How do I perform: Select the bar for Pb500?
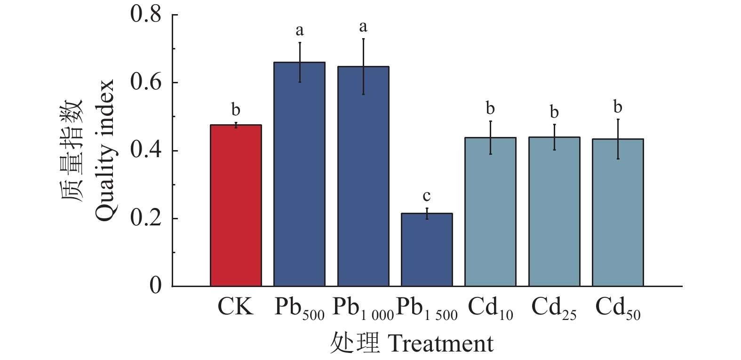click(x=299, y=174)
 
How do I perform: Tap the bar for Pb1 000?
click(x=363, y=176)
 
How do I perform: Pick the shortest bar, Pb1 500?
click(x=427, y=249)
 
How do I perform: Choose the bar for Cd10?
click(x=490, y=212)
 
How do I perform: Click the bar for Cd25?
click(x=554, y=212)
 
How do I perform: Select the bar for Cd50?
click(x=618, y=213)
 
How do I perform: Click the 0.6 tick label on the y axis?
click(x=146, y=82)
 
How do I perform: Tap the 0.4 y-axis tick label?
click(x=146, y=150)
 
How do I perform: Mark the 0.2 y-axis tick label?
click(x=146, y=218)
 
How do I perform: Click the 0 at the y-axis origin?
click(x=155, y=285)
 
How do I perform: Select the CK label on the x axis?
click(x=235, y=307)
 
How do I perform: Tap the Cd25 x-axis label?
click(x=554, y=309)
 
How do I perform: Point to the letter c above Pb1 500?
click(x=427, y=196)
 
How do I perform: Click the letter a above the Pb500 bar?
click(x=300, y=31)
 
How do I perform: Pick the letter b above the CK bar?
click(x=236, y=110)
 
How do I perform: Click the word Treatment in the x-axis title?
click(x=441, y=344)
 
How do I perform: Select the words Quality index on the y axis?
click(x=104, y=150)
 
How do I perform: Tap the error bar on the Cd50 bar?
click(x=618, y=139)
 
